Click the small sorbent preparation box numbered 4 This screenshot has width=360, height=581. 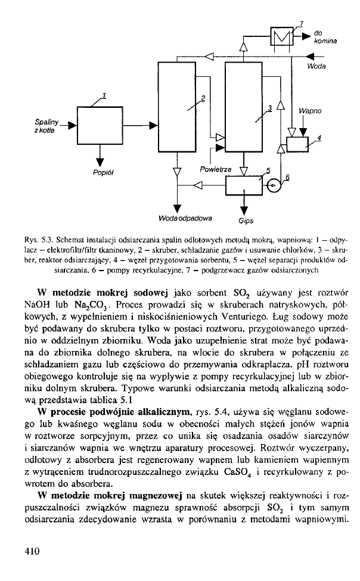tap(296, 144)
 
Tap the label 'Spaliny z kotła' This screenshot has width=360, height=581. tap(49, 126)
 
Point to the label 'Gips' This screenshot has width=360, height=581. tap(246, 220)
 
